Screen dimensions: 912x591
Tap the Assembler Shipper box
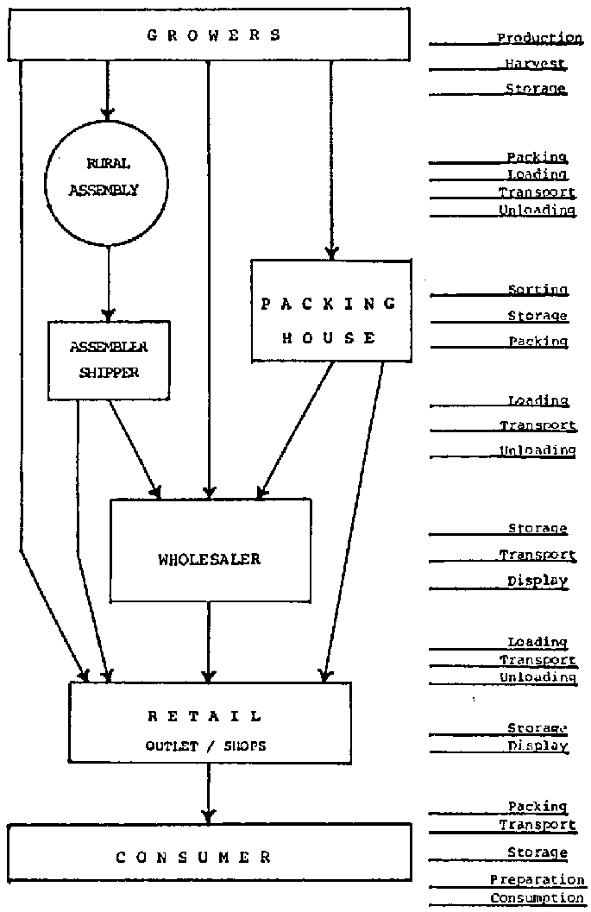point(108,360)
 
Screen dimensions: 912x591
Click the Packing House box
point(330,311)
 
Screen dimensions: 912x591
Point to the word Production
point(539,38)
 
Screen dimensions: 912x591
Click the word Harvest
point(536,64)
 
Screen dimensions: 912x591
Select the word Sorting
point(538,290)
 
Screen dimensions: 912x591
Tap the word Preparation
point(537,880)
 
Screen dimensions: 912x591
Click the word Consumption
point(537,898)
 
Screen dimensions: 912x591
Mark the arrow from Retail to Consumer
point(208,794)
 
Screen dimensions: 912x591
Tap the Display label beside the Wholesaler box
point(538,582)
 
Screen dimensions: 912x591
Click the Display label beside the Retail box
point(538,746)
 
